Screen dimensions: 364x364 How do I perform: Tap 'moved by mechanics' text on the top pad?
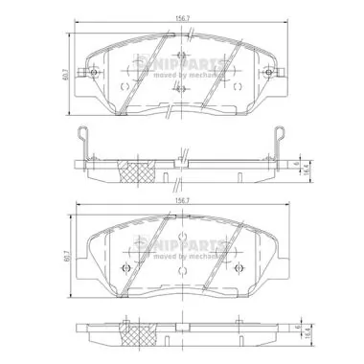click(182, 73)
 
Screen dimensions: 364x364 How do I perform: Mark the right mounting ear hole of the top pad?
click(272, 74)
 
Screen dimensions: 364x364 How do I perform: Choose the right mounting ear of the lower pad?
click(272, 256)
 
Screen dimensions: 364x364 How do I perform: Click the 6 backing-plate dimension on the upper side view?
click(298, 160)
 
